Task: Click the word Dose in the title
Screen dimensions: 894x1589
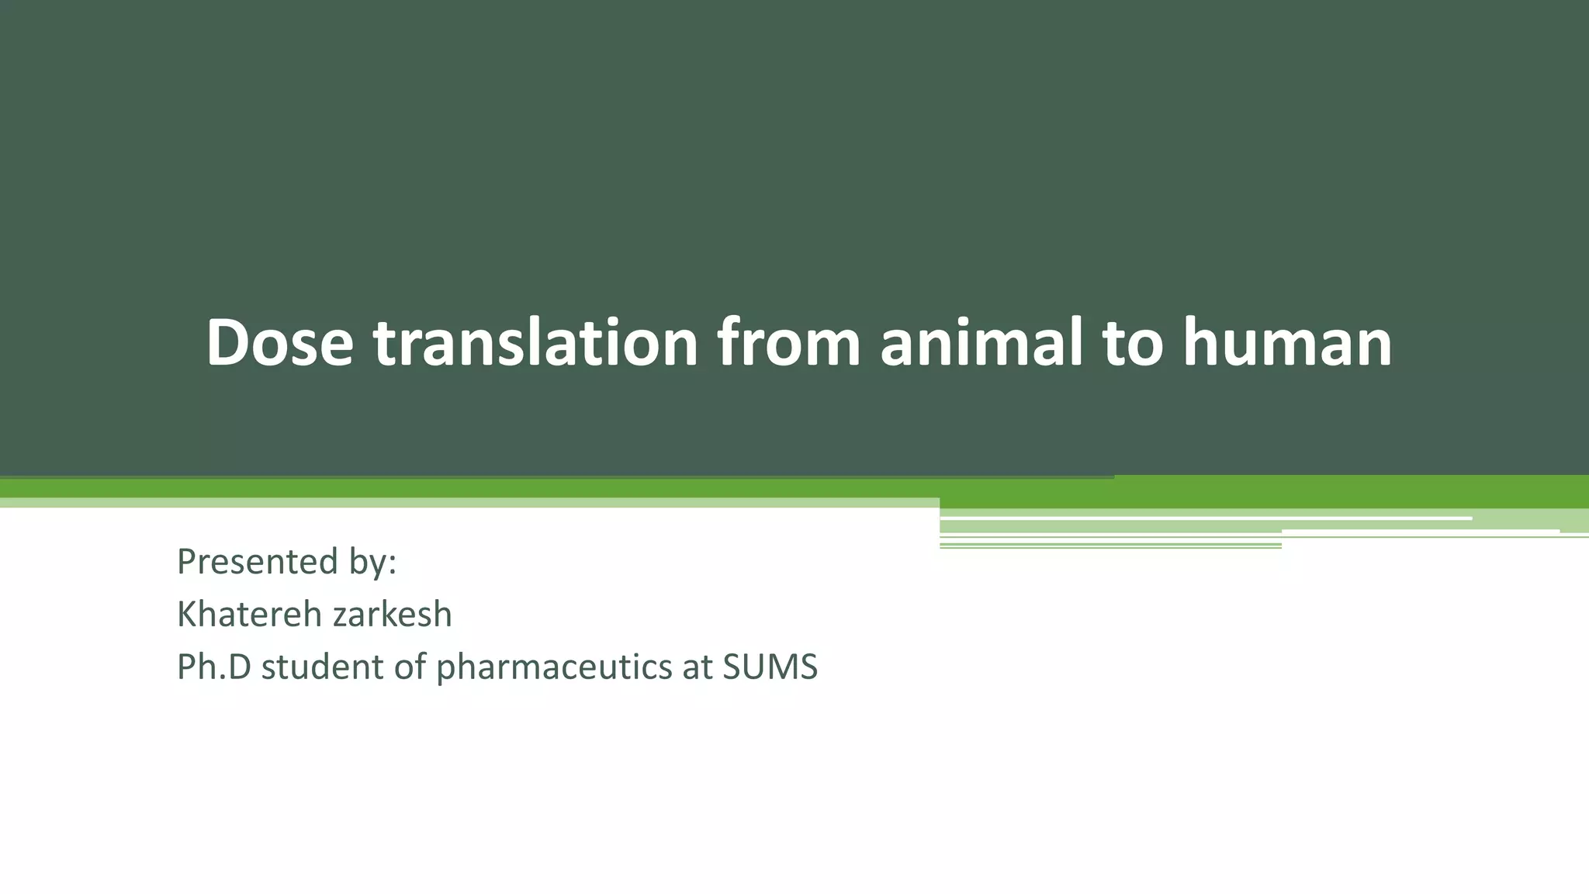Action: pyautogui.click(x=279, y=342)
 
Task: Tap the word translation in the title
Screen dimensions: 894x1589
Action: pyautogui.click(x=535, y=342)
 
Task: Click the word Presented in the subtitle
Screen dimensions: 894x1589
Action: pyautogui.click(x=257, y=562)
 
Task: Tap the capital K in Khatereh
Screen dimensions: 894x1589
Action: pyautogui.click(x=186, y=615)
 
